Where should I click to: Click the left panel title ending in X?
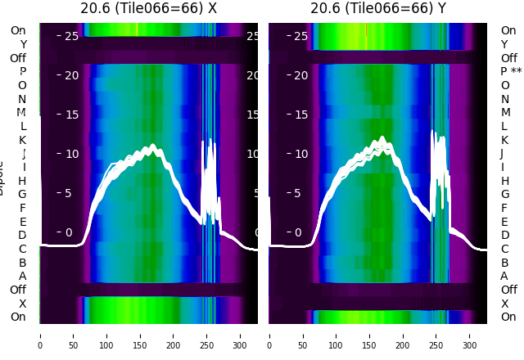[148, 8]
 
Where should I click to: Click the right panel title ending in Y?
[378, 8]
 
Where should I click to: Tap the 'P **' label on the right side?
[511, 72]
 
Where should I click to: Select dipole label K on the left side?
[23, 140]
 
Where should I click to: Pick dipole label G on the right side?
[504, 194]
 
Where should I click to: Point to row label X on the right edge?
[504, 304]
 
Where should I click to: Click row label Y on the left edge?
[23, 44]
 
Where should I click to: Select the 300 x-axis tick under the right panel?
[470, 335]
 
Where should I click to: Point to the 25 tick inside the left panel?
[71, 36]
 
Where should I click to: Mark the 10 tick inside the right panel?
[300, 154]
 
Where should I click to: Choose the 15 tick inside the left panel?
[71, 115]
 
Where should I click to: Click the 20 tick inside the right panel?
[300, 75]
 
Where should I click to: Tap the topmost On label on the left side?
[18, 30]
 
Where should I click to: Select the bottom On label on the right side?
[508, 317]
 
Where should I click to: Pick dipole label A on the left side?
[23, 276]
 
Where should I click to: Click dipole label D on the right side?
[504, 235]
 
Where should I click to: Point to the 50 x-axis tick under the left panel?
[73, 335]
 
